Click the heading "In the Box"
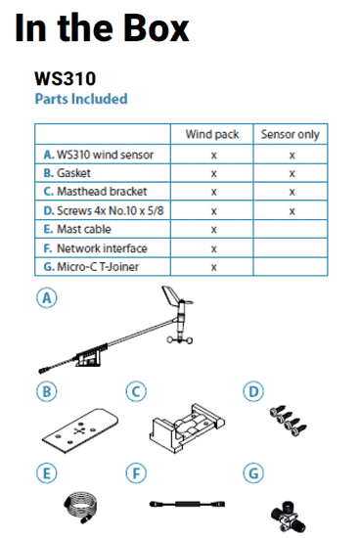(102, 28)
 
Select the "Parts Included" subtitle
(80, 99)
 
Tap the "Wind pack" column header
(212, 135)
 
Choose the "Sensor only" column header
(291, 135)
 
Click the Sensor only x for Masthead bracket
(291, 192)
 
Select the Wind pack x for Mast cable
(212, 229)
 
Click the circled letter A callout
(44, 299)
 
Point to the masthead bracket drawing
(187, 425)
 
